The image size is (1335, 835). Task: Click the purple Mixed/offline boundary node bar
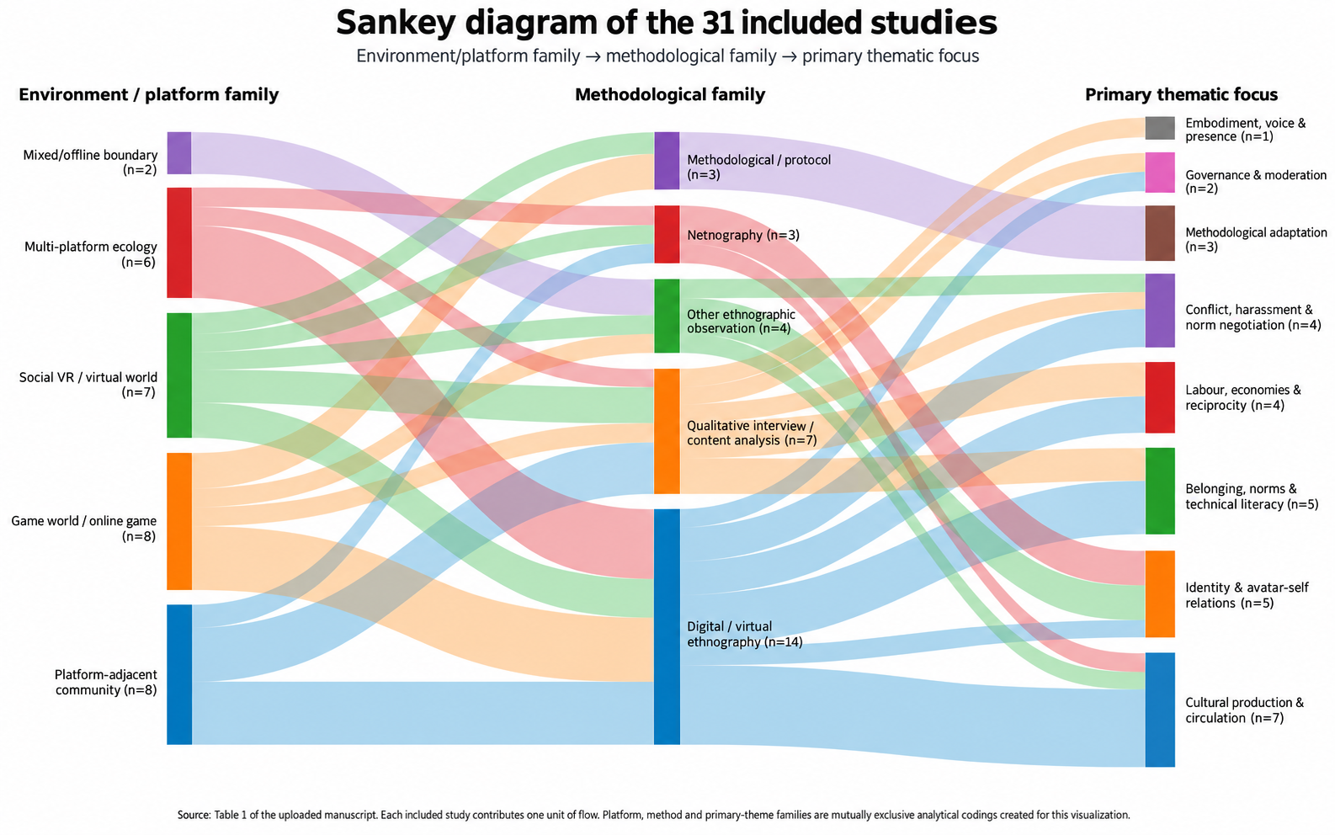(178, 153)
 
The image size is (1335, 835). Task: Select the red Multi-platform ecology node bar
(178, 242)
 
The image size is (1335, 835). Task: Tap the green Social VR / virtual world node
(178, 375)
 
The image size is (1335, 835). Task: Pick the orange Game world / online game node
(178, 521)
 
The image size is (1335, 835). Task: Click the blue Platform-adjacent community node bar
(178, 674)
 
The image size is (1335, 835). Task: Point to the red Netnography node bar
(667, 234)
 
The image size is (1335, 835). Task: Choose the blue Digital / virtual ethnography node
(667, 626)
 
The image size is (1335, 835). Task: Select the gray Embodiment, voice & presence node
(1160, 128)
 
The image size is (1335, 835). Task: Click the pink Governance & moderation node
(1160, 173)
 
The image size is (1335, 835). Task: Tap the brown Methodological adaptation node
(1160, 233)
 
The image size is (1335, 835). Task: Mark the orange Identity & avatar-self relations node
(1160, 593)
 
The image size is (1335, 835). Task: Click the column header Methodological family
(670, 95)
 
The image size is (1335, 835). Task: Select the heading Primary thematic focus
(1181, 95)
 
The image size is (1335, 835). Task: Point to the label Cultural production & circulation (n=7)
(1244, 710)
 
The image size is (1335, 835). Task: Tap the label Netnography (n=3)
(743, 235)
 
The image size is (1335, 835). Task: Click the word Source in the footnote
(194, 815)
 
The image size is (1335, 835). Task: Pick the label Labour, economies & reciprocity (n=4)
(1243, 397)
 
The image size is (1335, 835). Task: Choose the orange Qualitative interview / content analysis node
(667, 431)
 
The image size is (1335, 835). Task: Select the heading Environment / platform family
(148, 95)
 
